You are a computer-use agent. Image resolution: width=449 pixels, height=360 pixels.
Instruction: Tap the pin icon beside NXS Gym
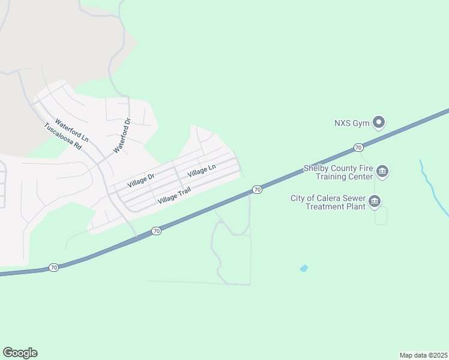(x=379, y=123)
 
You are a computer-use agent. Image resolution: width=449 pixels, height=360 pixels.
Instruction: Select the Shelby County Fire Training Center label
(x=338, y=173)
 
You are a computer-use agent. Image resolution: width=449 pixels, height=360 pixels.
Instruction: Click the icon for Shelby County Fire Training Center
(x=382, y=173)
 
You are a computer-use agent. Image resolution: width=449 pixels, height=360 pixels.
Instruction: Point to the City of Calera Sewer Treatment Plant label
(x=327, y=202)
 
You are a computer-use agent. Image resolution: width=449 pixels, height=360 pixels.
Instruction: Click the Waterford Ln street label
(x=71, y=130)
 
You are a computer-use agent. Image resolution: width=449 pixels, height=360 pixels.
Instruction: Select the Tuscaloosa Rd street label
(x=62, y=137)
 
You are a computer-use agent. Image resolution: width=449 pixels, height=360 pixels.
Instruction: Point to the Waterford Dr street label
(x=122, y=134)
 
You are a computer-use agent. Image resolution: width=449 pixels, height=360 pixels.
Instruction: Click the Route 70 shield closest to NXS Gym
(x=358, y=148)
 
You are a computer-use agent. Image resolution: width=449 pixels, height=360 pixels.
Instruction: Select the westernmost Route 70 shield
(x=53, y=268)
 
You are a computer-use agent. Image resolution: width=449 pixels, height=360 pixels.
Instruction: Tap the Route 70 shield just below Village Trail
(x=156, y=231)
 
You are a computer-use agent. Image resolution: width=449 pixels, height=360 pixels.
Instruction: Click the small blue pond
(x=304, y=268)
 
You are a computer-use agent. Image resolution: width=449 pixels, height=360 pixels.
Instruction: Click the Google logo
(x=20, y=353)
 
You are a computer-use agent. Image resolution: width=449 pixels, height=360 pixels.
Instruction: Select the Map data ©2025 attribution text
(x=423, y=355)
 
